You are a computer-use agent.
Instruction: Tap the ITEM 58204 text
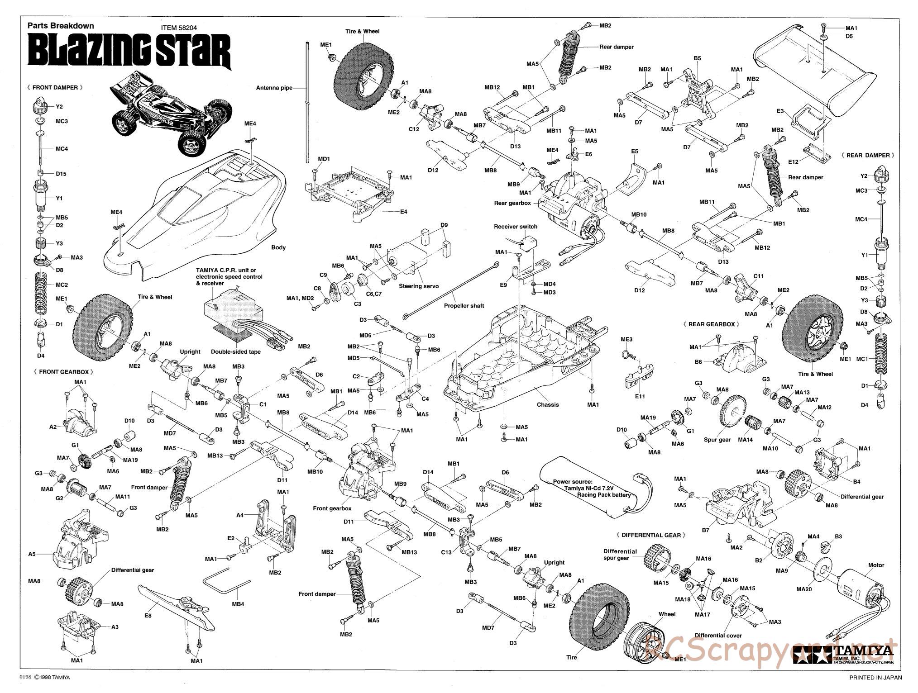coord(179,27)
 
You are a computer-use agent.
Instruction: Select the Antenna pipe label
coord(274,88)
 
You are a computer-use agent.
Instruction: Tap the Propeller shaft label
coord(464,306)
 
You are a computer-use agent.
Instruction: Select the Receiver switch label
coord(516,227)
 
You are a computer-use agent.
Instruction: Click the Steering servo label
coord(419,286)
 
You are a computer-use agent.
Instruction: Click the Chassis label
coord(548,404)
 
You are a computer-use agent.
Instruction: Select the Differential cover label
coord(718,636)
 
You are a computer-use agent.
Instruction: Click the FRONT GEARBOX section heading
coord(63,372)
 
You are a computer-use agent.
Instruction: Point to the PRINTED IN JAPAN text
coord(875,677)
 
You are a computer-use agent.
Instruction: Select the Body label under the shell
coord(278,247)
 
